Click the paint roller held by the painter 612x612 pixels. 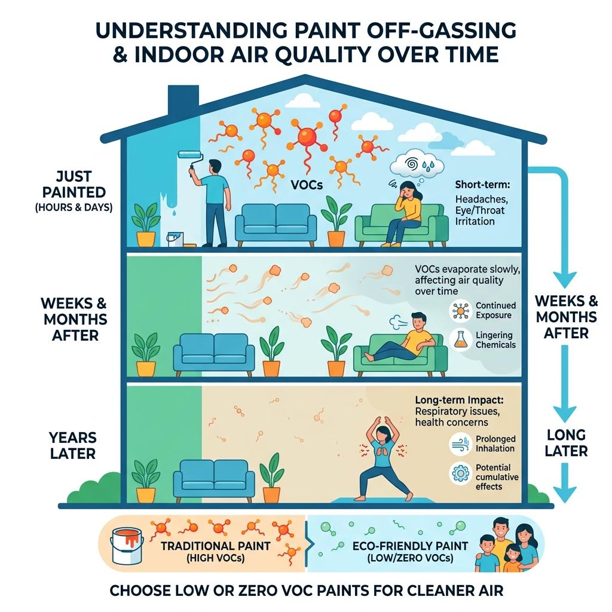click(x=191, y=157)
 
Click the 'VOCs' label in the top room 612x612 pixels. click(x=307, y=185)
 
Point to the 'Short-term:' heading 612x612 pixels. click(x=482, y=185)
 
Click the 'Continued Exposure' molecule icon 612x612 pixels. click(x=461, y=311)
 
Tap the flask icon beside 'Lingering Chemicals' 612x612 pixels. click(x=461, y=339)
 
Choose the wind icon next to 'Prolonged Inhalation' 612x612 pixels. click(x=461, y=444)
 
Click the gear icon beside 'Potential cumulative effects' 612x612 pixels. click(x=461, y=474)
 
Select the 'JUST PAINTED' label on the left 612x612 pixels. click(x=74, y=184)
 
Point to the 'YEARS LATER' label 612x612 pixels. click(x=73, y=445)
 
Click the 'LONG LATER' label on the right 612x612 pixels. click(x=566, y=443)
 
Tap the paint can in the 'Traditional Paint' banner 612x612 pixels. click(x=127, y=546)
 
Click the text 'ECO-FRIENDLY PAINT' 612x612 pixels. click(x=410, y=546)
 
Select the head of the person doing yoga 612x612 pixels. click(x=382, y=433)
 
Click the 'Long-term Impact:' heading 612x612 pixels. click(x=459, y=400)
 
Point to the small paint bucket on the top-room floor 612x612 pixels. click(x=175, y=239)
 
